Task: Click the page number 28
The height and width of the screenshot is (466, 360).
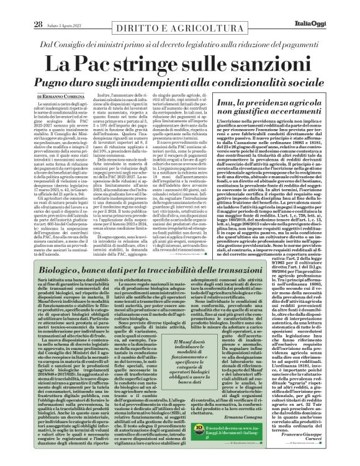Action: (x=21, y=7)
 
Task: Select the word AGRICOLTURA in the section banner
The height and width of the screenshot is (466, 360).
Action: (x=205, y=13)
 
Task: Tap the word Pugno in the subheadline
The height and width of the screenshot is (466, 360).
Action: (x=60, y=83)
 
